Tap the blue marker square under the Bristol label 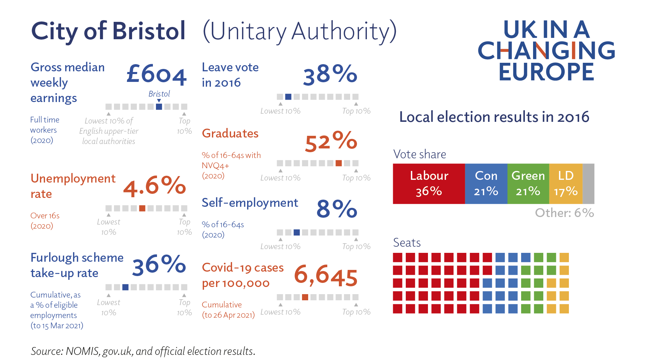(159, 106)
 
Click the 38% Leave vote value (330, 74)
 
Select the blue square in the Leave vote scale (288, 97)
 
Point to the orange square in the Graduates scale (339, 163)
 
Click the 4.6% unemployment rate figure (154, 186)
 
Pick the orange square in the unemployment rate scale (142, 208)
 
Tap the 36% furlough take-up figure (159, 265)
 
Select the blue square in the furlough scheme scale (125, 287)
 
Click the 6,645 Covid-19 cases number (326, 275)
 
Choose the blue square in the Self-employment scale (297, 232)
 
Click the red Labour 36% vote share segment (429, 184)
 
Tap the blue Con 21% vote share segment (486, 184)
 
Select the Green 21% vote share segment (528, 184)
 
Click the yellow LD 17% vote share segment (565, 184)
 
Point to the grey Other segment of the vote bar (588, 184)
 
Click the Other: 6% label (564, 213)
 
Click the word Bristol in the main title (149, 31)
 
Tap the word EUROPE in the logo (546, 72)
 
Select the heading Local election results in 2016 (494, 117)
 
